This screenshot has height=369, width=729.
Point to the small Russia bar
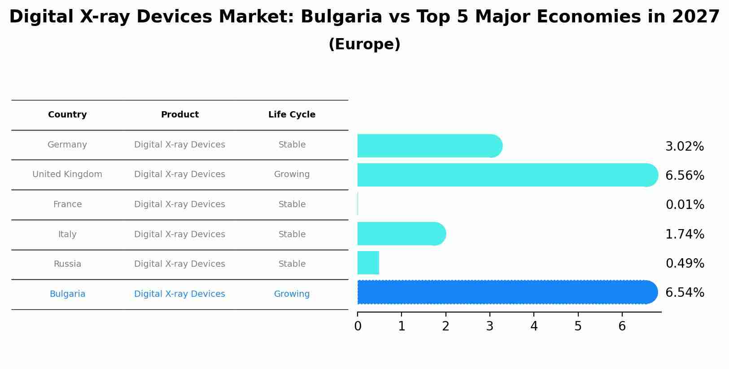pos(368,263)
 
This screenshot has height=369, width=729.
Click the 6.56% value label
pos(685,176)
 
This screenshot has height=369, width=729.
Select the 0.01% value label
pos(685,205)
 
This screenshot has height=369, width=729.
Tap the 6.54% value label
pos(685,293)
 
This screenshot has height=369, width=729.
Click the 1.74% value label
pos(685,234)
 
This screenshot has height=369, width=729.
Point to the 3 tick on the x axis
pos(489,326)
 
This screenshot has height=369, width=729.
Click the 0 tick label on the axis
pos(358,326)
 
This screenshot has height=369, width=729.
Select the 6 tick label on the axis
pos(622,326)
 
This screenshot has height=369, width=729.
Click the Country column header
pos(67,115)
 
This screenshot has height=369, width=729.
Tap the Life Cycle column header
pos(292,115)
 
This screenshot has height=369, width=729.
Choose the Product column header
pos(179,115)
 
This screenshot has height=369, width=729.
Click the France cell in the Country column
pos(67,204)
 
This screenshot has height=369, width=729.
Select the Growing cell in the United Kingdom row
pos(292,174)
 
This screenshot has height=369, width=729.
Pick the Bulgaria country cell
pos(67,294)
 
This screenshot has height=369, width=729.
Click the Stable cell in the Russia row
pos(292,264)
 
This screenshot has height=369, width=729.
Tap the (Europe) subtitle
pos(364,44)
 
